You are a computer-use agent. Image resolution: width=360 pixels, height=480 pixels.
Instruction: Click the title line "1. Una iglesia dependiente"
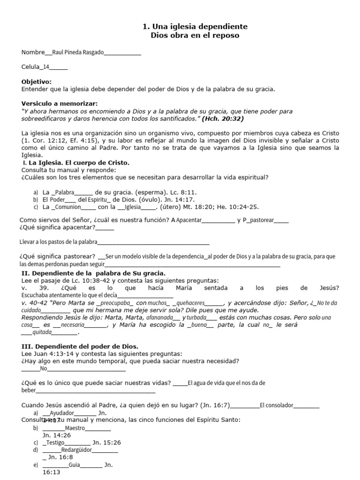pos(195,27)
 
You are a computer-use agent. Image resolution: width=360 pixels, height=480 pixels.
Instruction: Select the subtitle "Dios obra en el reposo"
pos(195,35)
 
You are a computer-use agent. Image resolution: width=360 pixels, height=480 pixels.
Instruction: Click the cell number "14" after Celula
pos(46,67)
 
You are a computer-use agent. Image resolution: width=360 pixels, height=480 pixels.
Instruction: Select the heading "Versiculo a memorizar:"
pos(60,104)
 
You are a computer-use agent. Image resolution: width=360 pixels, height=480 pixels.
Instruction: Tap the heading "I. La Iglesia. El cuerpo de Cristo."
pos(75,163)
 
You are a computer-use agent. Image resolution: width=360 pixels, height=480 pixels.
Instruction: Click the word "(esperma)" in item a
pos(164,192)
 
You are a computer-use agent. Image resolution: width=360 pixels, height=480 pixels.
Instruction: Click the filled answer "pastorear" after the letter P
pos(262,220)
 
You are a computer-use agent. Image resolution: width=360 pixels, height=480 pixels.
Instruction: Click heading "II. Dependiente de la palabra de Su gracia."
pos(93,273)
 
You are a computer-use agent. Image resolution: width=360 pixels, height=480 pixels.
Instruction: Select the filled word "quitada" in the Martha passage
pos(42,332)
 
